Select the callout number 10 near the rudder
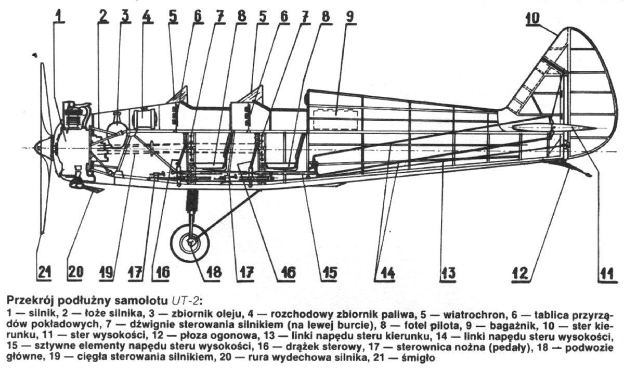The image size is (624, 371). (532, 19)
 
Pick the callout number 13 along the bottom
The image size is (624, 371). (448, 272)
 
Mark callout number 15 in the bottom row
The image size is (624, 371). (329, 272)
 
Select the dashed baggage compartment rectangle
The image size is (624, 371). (335, 119)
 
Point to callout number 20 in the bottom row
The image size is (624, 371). (76, 272)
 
